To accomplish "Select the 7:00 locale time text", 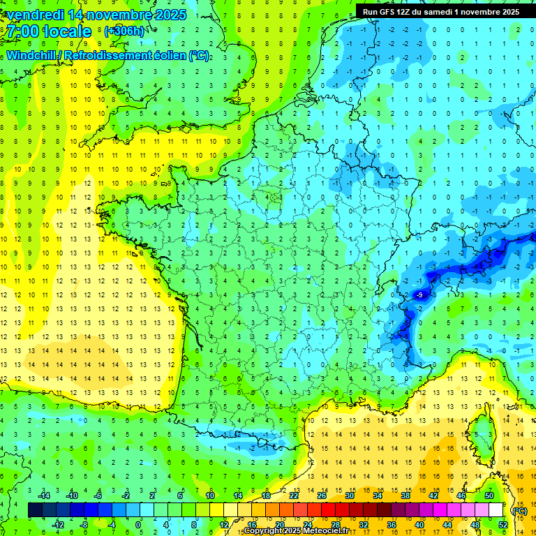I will point(49,31).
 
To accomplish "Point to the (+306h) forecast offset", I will point(124,31).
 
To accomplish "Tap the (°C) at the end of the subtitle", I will point(199,55).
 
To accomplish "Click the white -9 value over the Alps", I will point(419,296).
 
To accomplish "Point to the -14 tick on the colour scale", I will point(46,495).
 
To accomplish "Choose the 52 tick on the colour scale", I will point(503,524).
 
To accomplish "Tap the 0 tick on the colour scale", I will point(138,524).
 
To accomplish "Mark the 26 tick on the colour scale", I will point(321,495).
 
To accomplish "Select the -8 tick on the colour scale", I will point(84,524).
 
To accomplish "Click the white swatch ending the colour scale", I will point(496,509).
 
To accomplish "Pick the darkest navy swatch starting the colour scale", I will point(34,509).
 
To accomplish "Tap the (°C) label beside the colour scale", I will point(519,510).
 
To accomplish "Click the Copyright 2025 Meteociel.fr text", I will point(296,531).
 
